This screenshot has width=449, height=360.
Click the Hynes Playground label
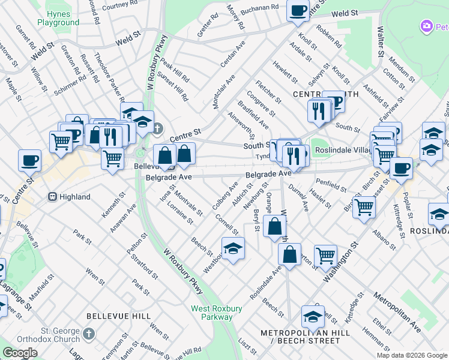point(58,17)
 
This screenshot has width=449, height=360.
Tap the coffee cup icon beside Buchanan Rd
point(298,10)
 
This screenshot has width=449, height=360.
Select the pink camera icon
point(427,26)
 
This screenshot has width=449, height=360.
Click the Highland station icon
point(52,196)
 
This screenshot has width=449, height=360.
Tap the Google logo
point(20,353)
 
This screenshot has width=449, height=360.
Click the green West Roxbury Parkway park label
point(217,313)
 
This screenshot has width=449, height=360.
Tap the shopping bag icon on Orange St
point(274,227)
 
